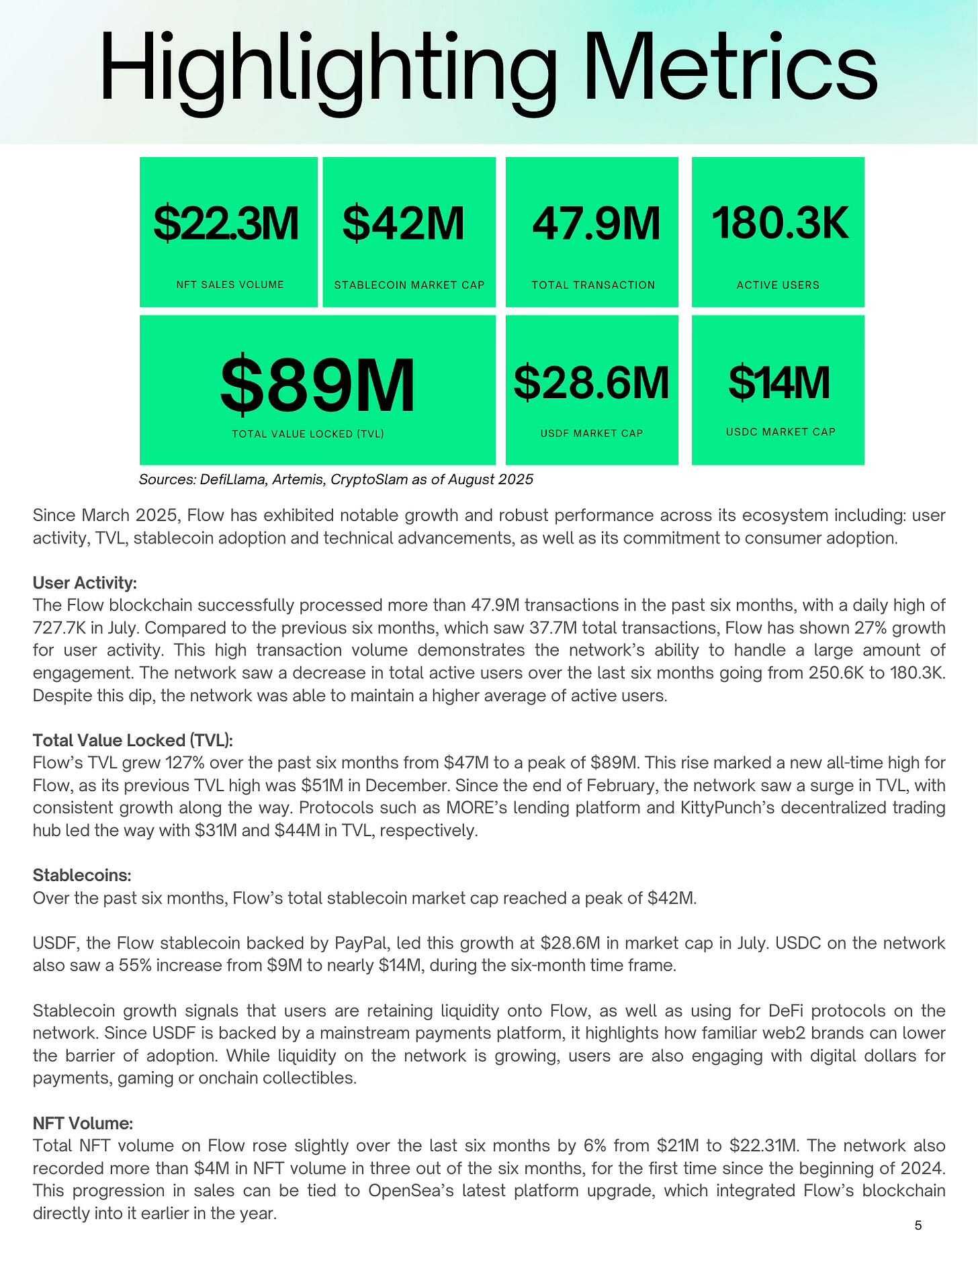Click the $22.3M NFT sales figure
226,223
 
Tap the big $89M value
317,386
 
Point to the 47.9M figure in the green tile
595,223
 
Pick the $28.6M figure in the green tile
591,382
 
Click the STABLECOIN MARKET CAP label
409,285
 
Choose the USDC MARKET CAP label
781,432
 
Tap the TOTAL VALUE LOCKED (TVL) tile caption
308,434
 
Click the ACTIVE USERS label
778,285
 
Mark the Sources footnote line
336,480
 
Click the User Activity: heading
85,583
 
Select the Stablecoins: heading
82,876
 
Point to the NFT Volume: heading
83,1123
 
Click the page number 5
918,1225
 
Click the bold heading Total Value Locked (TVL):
133,740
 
